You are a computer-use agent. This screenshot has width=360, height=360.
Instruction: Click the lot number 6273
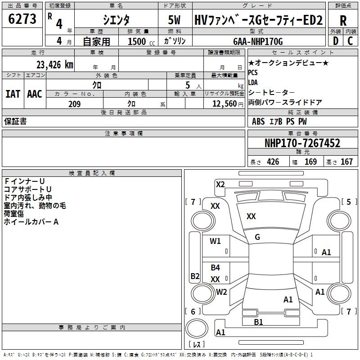(22, 18)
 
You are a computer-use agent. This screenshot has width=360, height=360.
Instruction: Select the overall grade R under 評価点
(343, 21)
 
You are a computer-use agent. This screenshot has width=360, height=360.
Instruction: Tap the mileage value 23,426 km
(54, 65)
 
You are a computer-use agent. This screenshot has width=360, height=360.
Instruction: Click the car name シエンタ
(116, 20)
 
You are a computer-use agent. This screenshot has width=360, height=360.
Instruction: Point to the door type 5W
(175, 20)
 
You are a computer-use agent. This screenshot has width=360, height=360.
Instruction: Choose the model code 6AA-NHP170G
(258, 41)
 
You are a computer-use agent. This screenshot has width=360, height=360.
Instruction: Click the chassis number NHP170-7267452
(302, 143)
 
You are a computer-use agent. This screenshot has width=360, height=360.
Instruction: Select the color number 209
(74, 104)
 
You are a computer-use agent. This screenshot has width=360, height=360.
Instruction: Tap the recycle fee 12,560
(225, 104)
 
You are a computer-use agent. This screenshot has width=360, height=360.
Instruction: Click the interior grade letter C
(350, 41)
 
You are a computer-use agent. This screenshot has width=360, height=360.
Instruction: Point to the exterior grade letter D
(336, 41)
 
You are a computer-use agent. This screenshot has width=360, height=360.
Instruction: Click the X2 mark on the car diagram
(220, 184)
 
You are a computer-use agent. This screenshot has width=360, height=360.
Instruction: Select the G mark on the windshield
(257, 237)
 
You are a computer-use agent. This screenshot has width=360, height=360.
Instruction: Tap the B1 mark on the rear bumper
(258, 322)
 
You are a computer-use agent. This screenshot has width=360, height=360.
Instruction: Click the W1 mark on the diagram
(215, 241)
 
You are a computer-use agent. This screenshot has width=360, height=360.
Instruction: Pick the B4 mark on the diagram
(216, 267)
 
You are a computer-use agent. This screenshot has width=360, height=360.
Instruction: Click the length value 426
(273, 162)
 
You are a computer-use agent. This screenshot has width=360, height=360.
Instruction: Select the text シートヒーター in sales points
(271, 92)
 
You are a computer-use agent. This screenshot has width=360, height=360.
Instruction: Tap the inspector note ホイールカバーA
(31, 222)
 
